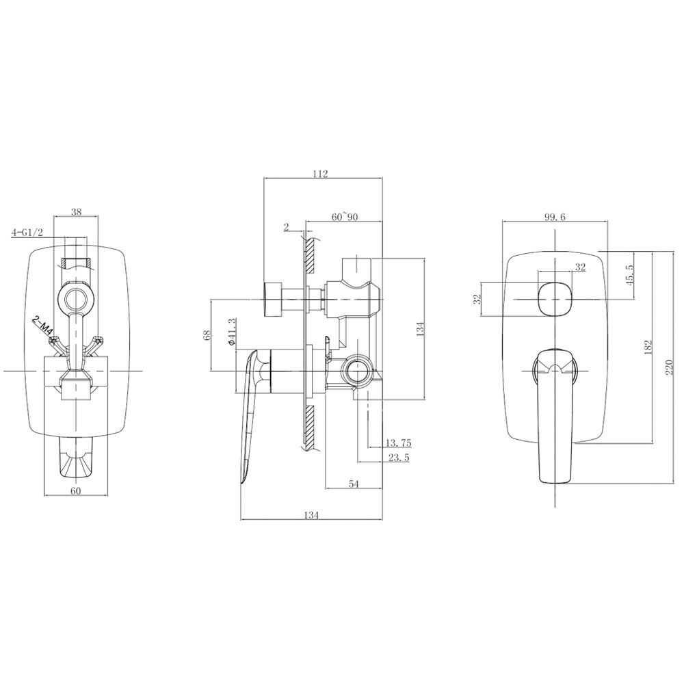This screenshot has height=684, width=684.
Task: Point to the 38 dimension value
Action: [76, 212]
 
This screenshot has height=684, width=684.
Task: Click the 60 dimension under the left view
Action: [76, 490]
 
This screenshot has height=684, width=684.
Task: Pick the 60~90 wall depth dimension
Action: [345, 217]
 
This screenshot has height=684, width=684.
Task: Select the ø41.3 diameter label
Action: [232, 333]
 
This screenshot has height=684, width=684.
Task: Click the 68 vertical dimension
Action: [207, 334]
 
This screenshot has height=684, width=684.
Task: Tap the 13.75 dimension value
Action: [398, 443]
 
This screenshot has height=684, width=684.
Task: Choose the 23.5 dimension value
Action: [399, 458]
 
